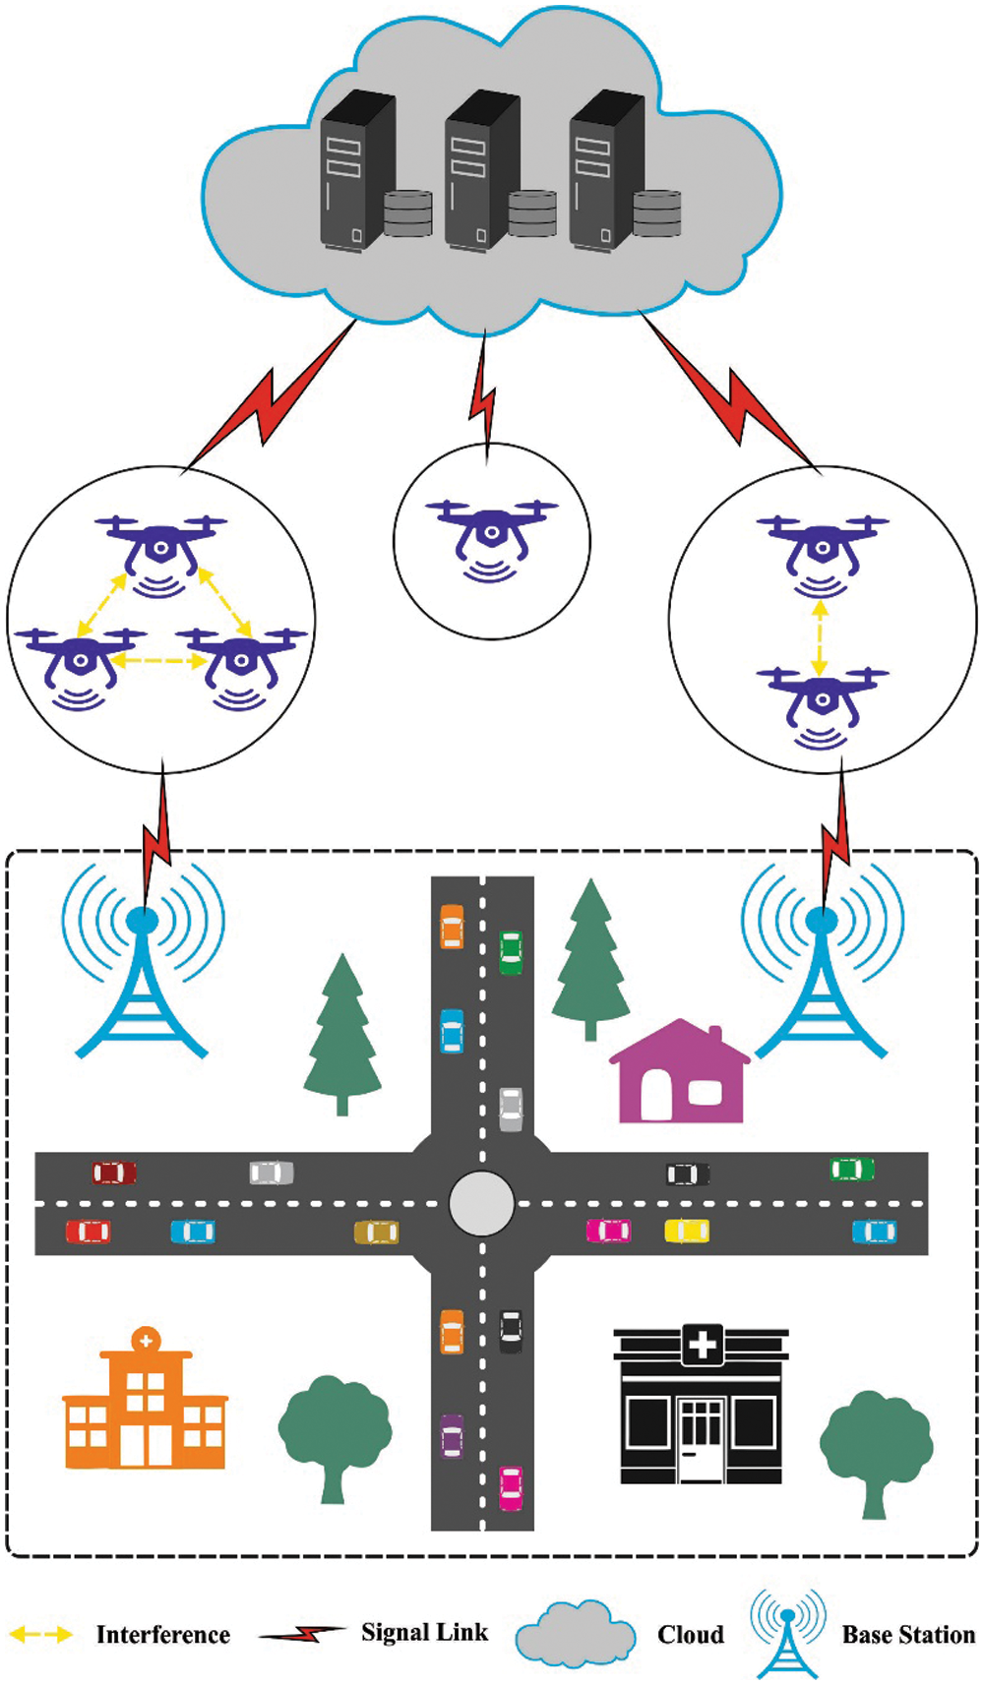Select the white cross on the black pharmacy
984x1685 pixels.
pyautogui.click(x=703, y=1344)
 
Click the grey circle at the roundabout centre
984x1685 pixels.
pyautogui.click(x=481, y=1203)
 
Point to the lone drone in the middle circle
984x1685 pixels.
pyautogui.click(x=491, y=536)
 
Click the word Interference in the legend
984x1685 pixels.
pyautogui.click(x=162, y=1635)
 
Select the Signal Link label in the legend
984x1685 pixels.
pyautogui.click(x=424, y=1633)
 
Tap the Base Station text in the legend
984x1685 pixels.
pyautogui.click(x=908, y=1635)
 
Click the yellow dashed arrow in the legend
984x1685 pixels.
pyautogui.click(x=41, y=1635)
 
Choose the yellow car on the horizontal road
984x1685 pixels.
pyautogui.click(x=687, y=1231)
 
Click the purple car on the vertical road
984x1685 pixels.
pyautogui.click(x=452, y=1435)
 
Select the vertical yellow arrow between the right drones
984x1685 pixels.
pyautogui.click(x=820, y=638)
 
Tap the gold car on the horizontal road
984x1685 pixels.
pyautogui.click(x=376, y=1232)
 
